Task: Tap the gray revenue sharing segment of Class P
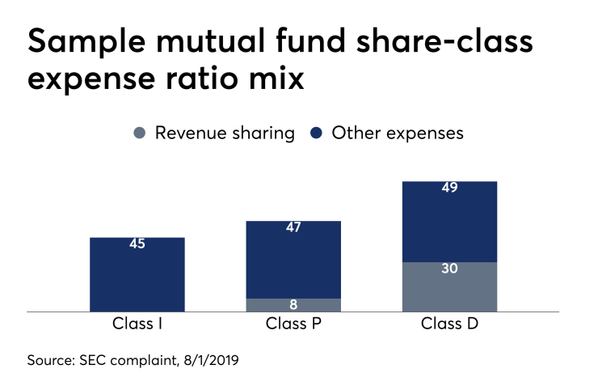(293, 305)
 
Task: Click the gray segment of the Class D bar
(449, 287)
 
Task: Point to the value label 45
(137, 244)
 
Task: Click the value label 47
(293, 227)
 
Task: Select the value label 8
(293, 305)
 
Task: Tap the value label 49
(449, 188)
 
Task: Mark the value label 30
(449, 269)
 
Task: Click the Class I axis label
(137, 325)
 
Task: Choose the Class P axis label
(293, 325)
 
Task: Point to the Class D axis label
(449, 325)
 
